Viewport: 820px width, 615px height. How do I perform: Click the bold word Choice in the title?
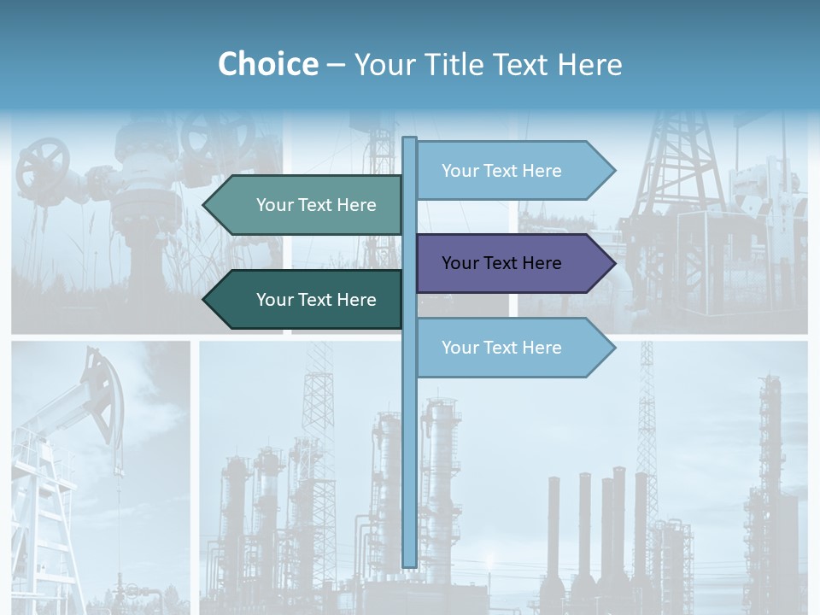pos(267,64)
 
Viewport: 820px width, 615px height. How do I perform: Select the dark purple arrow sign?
pos(512,263)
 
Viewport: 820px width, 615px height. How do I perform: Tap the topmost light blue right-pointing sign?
pos(512,170)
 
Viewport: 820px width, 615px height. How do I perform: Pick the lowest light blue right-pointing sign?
pos(512,348)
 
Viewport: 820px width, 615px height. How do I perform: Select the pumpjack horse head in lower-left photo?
pos(102,384)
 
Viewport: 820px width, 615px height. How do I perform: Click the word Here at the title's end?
pos(589,64)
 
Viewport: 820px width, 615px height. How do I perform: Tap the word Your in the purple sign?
pos(460,263)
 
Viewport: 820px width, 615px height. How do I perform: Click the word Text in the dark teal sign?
pos(316,300)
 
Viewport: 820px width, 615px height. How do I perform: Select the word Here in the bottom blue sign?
pos(541,348)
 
